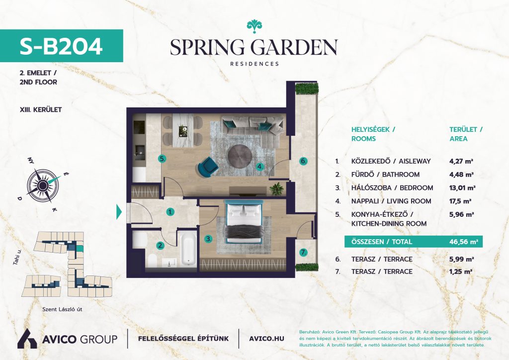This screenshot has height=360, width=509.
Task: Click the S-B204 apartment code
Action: pos(61,46)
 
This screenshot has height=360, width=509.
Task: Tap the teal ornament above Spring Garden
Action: pos(254,26)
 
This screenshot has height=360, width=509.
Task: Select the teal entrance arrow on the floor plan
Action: pos(119,212)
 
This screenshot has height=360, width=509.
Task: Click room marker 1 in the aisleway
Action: pos(170,212)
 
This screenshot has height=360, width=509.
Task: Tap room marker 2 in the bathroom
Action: pos(161,246)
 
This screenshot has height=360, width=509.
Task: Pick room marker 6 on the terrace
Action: pos(303,161)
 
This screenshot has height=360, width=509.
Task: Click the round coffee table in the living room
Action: pos(239,156)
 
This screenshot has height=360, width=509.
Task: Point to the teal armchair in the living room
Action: pos(206,167)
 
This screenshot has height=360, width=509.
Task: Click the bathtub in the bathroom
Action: pos(188,248)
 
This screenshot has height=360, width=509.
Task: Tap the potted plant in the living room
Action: pos(276,189)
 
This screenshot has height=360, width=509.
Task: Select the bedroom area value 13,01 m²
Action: pos(462,187)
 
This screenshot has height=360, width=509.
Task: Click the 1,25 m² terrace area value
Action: pos(461,271)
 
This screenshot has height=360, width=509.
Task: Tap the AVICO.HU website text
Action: pos(266,339)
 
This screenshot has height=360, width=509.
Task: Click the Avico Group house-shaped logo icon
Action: pos(27,339)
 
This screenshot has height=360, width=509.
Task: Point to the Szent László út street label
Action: pos(62,309)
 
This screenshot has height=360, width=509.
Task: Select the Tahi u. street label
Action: pos(17,255)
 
